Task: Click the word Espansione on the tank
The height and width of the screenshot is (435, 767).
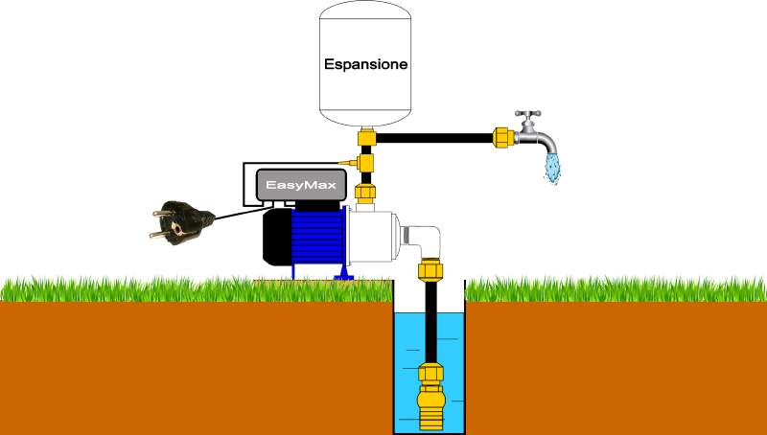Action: (365, 64)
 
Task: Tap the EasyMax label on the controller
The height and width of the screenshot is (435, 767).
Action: (301, 185)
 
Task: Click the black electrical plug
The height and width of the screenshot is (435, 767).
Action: (181, 222)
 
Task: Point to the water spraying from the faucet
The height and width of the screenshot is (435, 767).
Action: (553, 168)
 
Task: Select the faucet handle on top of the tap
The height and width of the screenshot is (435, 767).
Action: (528, 114)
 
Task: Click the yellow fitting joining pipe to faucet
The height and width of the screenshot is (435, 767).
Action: (502, 138)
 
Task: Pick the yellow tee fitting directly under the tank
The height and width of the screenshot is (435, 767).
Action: (366, 137)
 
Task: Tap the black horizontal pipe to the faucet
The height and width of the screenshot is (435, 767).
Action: (434, 138)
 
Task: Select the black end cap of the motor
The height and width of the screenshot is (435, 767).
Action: (277, 237)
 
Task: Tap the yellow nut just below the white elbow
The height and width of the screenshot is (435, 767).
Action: (430, 270)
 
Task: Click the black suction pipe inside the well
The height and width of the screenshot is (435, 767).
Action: (430, 323)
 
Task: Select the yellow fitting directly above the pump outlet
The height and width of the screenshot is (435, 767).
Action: (365, 193)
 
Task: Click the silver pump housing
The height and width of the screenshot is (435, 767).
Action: (372, 236)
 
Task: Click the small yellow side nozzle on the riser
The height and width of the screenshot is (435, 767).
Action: (348, 162)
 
